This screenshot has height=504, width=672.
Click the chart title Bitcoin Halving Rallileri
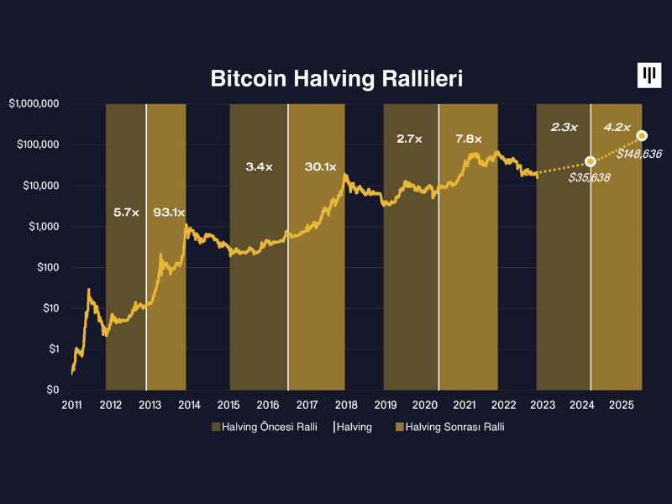[336, 79]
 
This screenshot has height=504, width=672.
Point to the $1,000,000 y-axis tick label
[34, 104]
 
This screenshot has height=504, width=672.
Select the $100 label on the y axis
[45, 267]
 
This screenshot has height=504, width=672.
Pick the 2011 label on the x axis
[71, 405]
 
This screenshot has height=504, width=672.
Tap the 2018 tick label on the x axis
[344, 405]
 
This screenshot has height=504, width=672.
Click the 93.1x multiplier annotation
[168, 212]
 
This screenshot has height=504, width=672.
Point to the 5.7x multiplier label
[127, 212]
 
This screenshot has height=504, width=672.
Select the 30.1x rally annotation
[320, 166]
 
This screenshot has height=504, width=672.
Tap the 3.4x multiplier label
[260, 166]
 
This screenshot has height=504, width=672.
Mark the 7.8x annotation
[468, 138]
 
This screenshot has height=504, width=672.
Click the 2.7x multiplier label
[409, 138]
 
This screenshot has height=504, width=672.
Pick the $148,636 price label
[639, 154]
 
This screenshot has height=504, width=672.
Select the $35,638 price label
[589, 177]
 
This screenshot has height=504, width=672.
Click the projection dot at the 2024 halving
[590, 160]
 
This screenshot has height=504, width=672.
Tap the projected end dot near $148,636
[642, 135]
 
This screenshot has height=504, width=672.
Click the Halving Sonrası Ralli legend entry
[449, 427]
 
